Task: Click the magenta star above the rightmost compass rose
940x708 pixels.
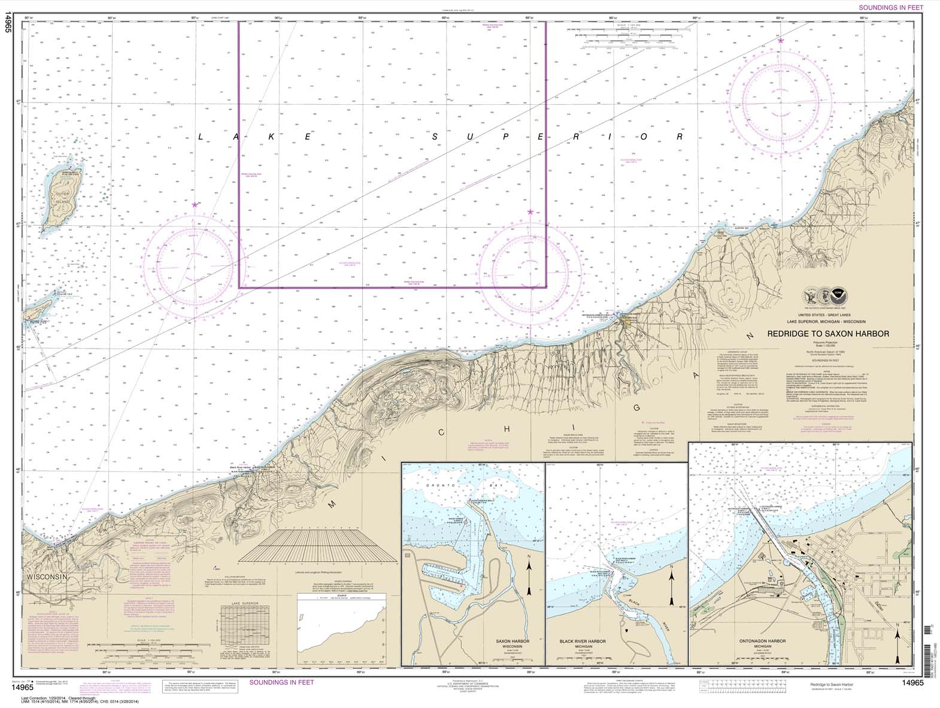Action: coord(781,41)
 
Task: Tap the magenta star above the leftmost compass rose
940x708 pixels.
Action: coord(195,205)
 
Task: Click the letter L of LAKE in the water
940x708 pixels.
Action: coord(201,137)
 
